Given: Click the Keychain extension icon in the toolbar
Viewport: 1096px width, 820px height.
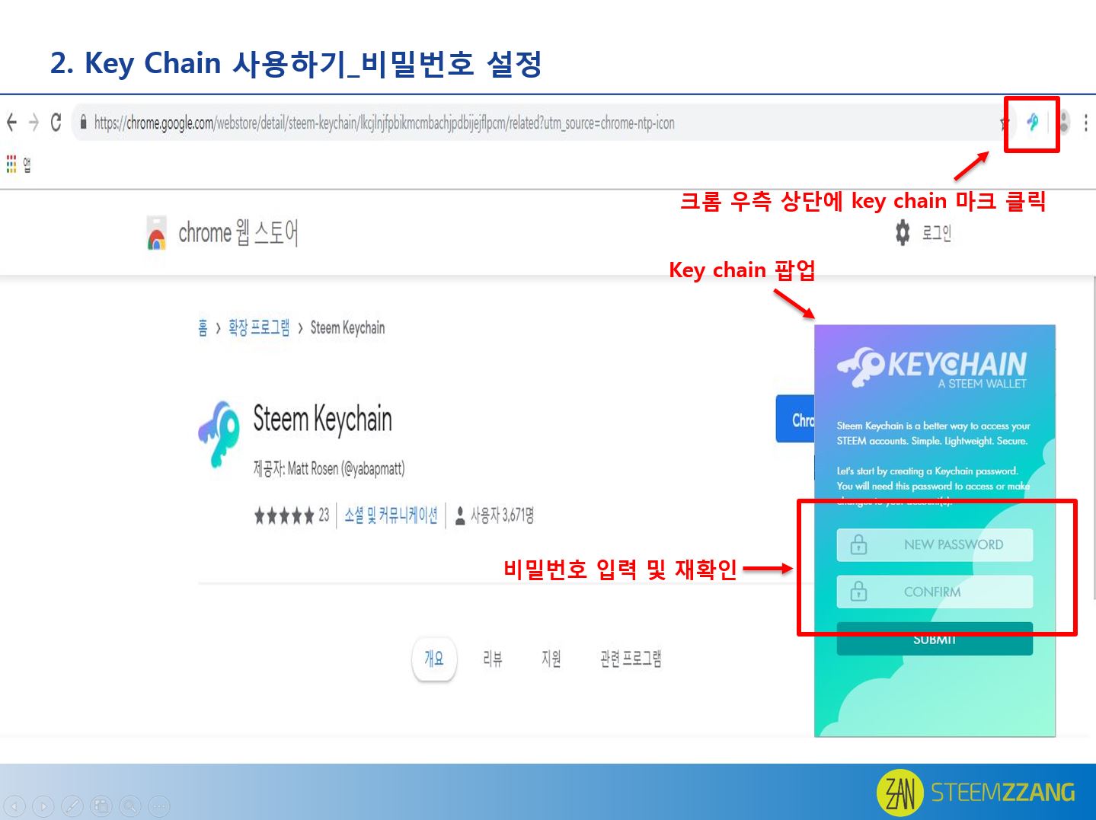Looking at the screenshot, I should (1032, 122).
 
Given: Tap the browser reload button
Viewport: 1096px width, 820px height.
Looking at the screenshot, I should (56, 122).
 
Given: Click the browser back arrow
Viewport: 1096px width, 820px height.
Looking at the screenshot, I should (11, 122).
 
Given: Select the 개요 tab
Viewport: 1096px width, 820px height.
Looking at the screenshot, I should (434, 659).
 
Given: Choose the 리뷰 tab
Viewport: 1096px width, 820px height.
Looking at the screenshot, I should (492, 659).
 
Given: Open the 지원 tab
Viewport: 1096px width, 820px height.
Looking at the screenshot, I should (551, 659).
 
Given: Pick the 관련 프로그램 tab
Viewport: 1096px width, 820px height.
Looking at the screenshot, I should (631, 659).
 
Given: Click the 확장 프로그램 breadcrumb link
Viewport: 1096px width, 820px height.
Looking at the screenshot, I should (259, 328).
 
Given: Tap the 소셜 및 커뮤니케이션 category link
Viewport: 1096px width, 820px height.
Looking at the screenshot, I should (391, 515).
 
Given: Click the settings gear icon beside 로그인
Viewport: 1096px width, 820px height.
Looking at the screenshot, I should (903, 232).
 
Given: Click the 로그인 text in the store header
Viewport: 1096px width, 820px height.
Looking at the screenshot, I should (936, 233).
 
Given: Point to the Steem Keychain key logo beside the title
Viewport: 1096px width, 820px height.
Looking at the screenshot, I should (219, 432).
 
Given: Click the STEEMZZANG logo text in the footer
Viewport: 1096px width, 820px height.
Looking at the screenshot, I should (1002, 793).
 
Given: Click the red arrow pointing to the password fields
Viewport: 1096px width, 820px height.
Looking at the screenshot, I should (768, 569).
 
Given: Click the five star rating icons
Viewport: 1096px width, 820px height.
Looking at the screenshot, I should (284, 516).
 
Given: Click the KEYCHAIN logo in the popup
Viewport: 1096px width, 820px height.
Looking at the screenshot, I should (931, 367).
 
